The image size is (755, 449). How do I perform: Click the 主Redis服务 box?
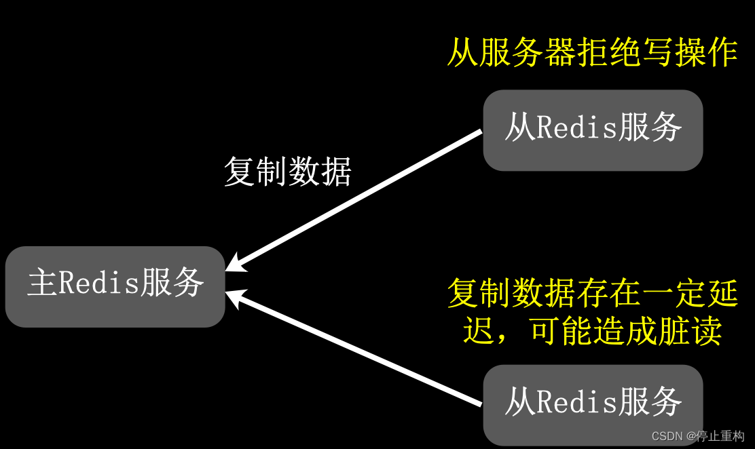[115, 286]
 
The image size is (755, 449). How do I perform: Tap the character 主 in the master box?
[42, 283]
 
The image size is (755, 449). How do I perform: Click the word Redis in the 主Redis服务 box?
[98, 283]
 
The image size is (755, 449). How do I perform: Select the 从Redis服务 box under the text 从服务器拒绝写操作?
[593, 130]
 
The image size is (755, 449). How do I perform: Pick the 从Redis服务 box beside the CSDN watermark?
[593, 405]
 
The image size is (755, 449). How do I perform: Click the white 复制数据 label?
[288, 172]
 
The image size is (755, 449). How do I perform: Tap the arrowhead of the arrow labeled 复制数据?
[234, 265]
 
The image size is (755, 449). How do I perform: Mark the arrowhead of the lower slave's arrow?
[234, 295]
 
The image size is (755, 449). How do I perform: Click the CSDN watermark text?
[667, 436]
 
